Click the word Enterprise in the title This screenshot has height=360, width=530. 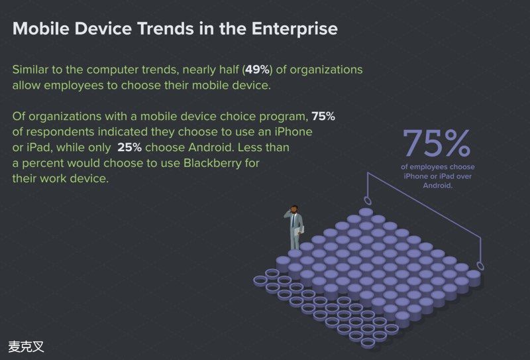[x=294, y=29]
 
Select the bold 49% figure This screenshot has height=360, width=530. [x=258, y=70]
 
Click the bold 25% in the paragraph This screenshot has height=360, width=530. [x=129, y=148]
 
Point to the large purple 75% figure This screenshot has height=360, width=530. [x=437, y=143]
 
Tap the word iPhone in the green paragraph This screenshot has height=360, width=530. [x=293, y=132]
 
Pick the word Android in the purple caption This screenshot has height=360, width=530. [x=438, y=186]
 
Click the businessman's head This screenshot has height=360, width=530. [x=294, y=209]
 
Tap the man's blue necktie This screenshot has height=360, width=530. [x=293, y=221]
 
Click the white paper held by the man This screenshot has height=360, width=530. [x=299, y=231]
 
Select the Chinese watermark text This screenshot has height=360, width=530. [x=26, y=347]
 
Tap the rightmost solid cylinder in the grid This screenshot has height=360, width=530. [x=473, y=277]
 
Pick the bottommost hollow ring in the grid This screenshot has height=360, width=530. [x=368, y=343]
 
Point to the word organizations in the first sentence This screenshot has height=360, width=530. [x=326, y=70]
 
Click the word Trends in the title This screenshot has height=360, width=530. [x=165, y=28]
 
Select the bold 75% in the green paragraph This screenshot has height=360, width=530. [x=323, y=117]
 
